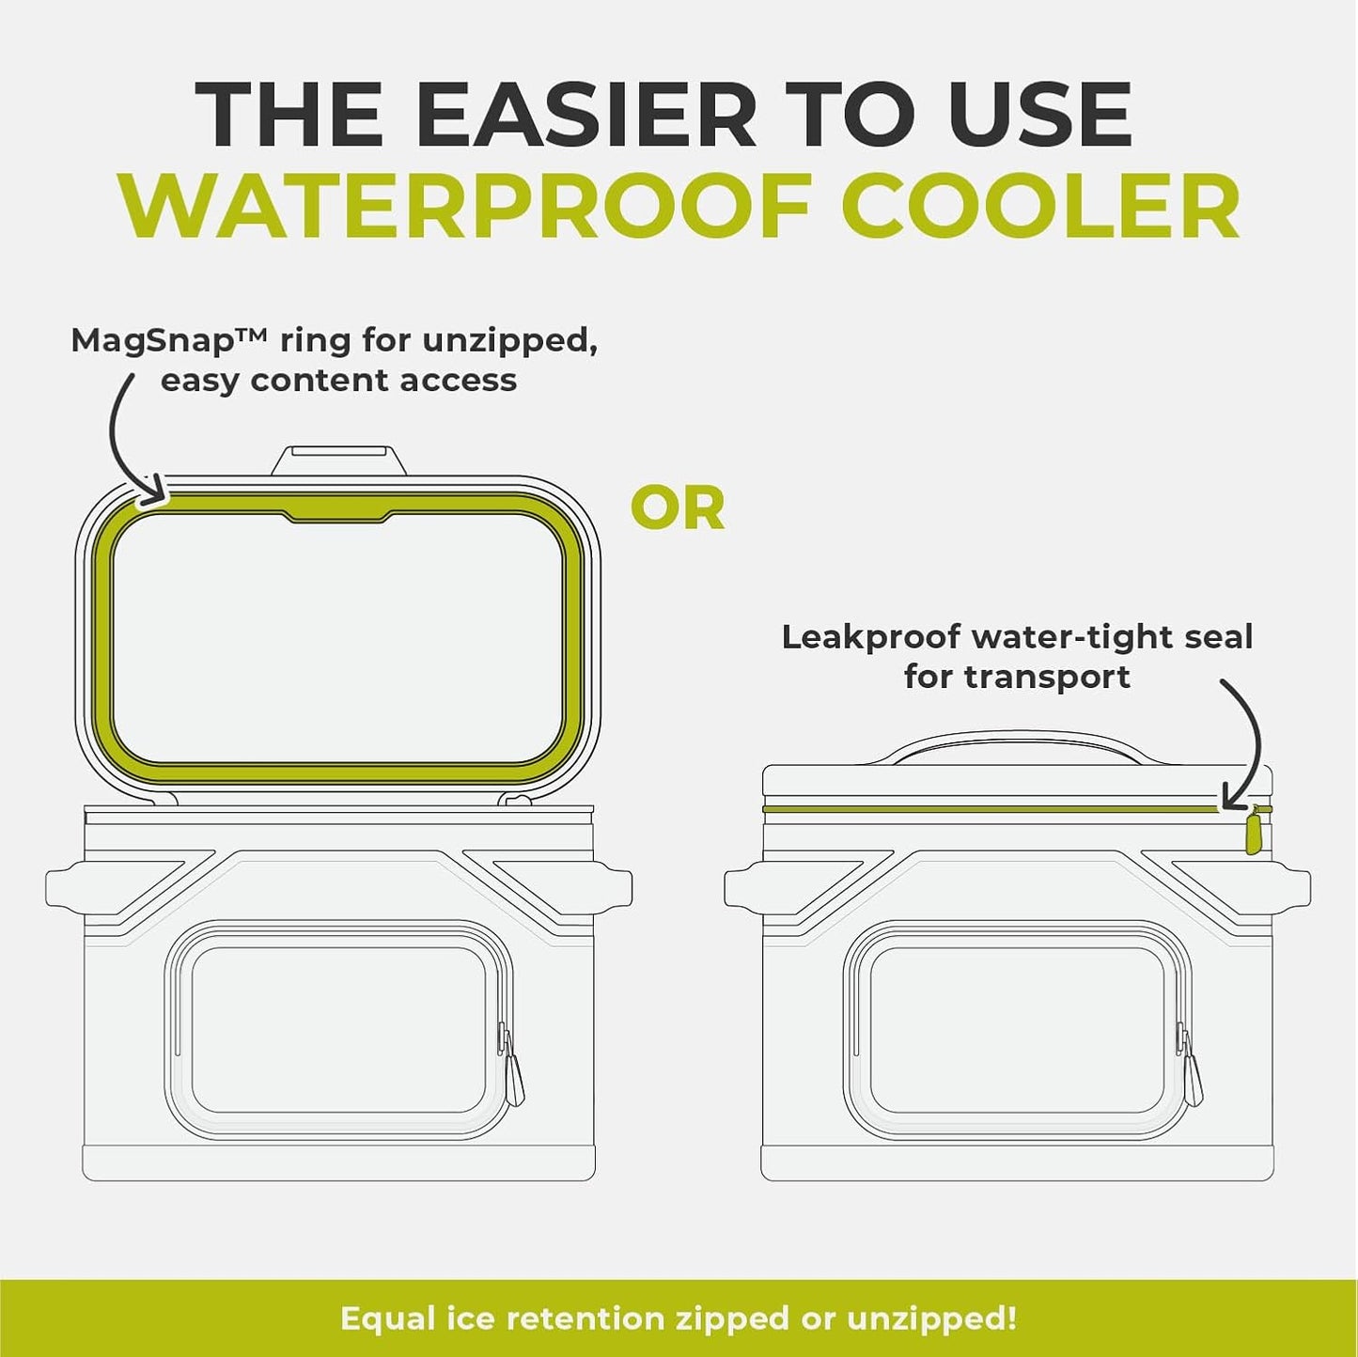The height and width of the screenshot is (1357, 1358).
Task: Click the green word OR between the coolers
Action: coord(678,508)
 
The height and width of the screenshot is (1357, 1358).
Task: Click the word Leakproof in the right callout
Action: coord(870,637)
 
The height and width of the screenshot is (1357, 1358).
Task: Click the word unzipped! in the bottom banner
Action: coord(931,1318)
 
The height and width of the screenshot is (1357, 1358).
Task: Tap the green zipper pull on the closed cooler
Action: coord(1252,833)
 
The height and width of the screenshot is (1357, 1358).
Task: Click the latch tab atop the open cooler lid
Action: coord(339,460)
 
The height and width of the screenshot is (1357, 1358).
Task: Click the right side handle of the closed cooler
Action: coord(1291,888)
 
